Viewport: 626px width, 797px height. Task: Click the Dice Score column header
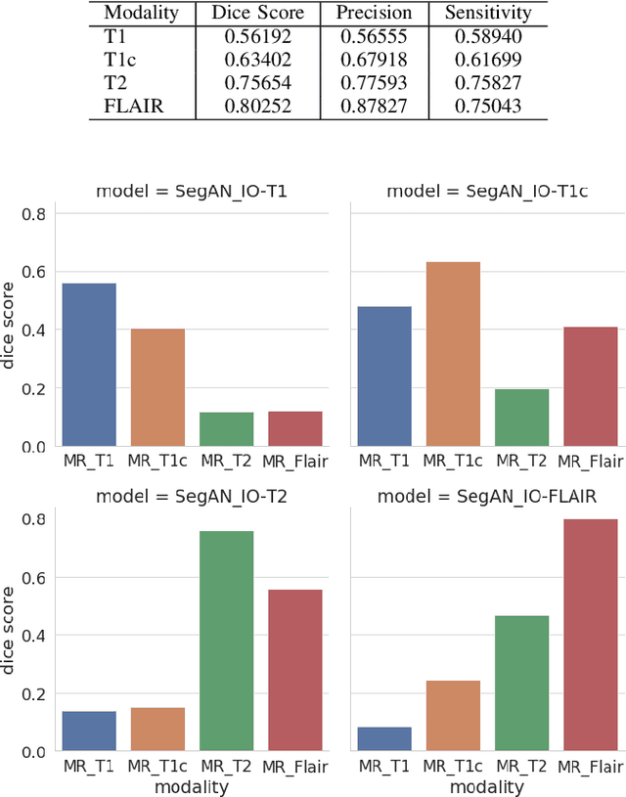click(x=258, y=14)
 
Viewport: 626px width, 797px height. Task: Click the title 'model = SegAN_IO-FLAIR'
click(x=486, y=497)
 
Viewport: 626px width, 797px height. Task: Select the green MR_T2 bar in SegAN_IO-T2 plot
click(x=226, y=642)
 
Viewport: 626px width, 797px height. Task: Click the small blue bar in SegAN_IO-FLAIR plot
click(x=384, y=739)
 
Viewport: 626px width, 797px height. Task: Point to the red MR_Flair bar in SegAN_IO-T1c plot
click(x=590, y=387)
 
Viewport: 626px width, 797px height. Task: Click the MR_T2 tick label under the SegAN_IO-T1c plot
click(x=521, y=461)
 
